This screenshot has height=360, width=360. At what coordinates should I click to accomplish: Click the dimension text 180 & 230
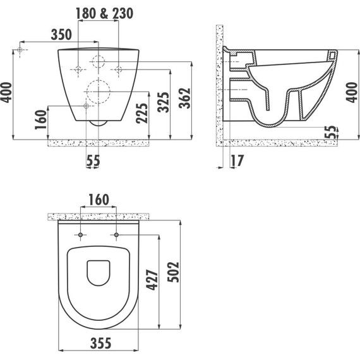coord(104,13)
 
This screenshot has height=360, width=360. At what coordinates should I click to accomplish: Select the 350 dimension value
coord(61,35)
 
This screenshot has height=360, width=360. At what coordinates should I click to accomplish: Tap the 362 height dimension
coord(185,98)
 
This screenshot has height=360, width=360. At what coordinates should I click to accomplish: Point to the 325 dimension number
coord(163,102)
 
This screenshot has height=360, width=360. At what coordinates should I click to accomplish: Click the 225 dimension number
coord(141,114)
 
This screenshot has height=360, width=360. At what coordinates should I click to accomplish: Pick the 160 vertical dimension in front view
coord(41,119)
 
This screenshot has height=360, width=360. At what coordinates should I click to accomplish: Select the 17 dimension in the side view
coord(237,160)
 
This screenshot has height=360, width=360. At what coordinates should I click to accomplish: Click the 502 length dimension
coord(173,272)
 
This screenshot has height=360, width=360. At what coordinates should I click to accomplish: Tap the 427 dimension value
coord(152,280)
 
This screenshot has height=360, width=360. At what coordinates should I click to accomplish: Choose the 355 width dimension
coord(100,343)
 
